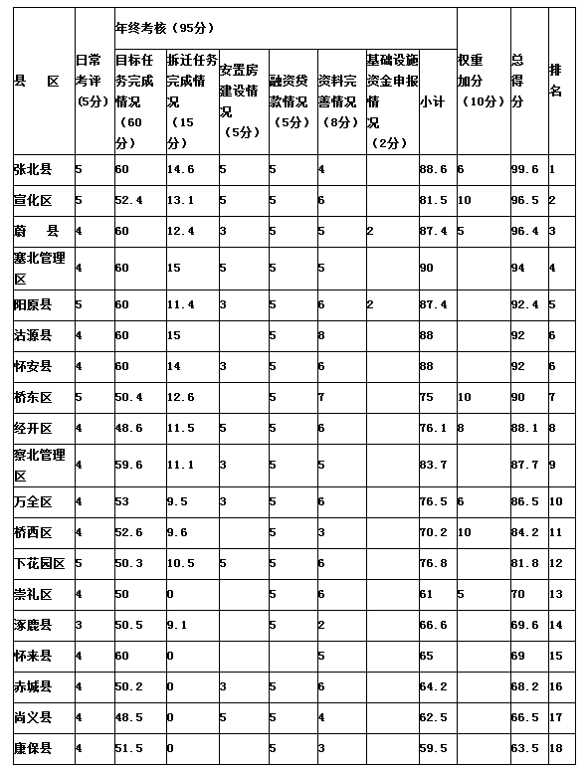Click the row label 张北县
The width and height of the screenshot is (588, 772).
(34, 170)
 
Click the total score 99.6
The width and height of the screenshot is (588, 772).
(523, 170)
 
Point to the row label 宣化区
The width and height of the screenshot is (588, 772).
(34, 201)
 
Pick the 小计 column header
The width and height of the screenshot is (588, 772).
(432, 101)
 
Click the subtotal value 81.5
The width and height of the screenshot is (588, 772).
(433, 201)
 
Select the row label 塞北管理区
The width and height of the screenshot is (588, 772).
(40, 267)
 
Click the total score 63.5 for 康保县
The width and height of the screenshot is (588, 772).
(523, 748)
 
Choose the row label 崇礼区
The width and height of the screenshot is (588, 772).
(34, 594)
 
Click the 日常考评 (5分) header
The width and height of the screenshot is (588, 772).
(91, 81)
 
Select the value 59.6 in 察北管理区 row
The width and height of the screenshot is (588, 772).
(128, 464)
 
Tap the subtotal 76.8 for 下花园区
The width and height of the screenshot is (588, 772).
(433, 563)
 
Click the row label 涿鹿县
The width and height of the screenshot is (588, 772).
(34, 625)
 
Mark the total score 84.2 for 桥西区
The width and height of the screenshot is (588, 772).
(523, 532)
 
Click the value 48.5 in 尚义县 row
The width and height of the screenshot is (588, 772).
(128, 717)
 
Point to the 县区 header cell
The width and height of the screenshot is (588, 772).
(39, 81)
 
